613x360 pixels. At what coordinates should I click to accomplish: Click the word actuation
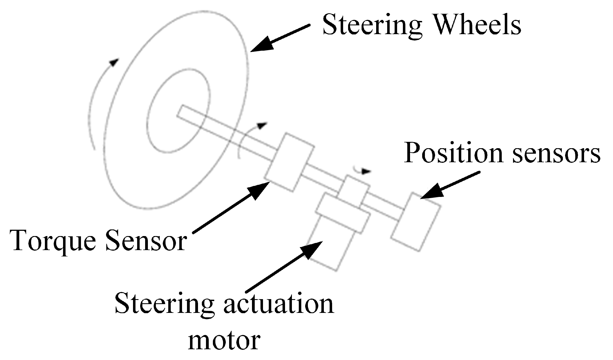(x=278, y=304)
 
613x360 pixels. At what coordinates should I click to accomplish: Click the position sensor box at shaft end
(x=416, y=222)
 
